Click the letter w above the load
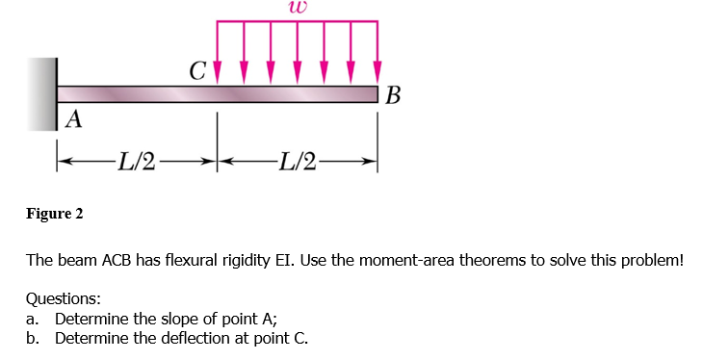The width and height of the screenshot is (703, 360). click(x=296, y=8)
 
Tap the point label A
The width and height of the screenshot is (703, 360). click(x=74, y=119)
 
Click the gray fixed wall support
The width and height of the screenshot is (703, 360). click(x=42, y=93)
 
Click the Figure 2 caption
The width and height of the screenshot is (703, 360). click(x=54, y=213)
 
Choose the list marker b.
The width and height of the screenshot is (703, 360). click(x=32, y=338)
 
